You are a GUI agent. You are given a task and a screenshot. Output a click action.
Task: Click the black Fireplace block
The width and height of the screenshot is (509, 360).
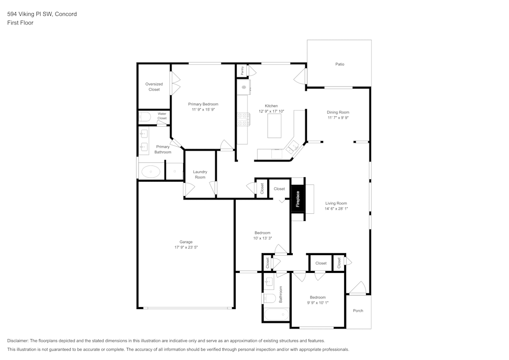(298, 198)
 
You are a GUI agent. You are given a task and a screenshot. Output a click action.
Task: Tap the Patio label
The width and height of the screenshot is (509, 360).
(340, 64)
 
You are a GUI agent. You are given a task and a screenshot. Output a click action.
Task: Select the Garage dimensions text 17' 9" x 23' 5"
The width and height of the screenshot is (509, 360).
(186, 247)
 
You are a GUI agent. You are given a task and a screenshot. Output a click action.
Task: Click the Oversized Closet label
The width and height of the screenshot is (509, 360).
(154, 87)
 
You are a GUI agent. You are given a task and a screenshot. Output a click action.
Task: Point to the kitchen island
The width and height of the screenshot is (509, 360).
(274, 125)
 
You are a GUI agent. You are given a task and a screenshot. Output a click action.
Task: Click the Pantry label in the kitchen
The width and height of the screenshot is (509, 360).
(242, 70)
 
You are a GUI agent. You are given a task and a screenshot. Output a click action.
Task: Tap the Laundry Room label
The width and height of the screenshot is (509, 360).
(200, 174)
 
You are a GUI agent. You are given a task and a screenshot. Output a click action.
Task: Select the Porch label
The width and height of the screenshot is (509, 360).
(358, 311)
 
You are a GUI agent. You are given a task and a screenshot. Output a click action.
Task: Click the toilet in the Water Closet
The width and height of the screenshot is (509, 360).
(145, 118)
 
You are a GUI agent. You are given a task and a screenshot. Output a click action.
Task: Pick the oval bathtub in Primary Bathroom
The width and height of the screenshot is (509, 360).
(150, 172)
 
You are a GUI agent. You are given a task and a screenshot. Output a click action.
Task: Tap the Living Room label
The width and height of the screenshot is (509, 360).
(336, 203)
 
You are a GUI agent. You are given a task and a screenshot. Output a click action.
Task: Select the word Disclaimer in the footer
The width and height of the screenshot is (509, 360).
(18, 341)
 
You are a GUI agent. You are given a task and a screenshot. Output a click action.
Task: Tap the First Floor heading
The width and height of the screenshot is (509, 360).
(20, 23)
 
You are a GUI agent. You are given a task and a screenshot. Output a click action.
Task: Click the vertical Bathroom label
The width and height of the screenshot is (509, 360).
(280, 294)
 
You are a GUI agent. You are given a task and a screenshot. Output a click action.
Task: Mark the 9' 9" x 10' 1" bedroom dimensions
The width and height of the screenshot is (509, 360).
(318, 302)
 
